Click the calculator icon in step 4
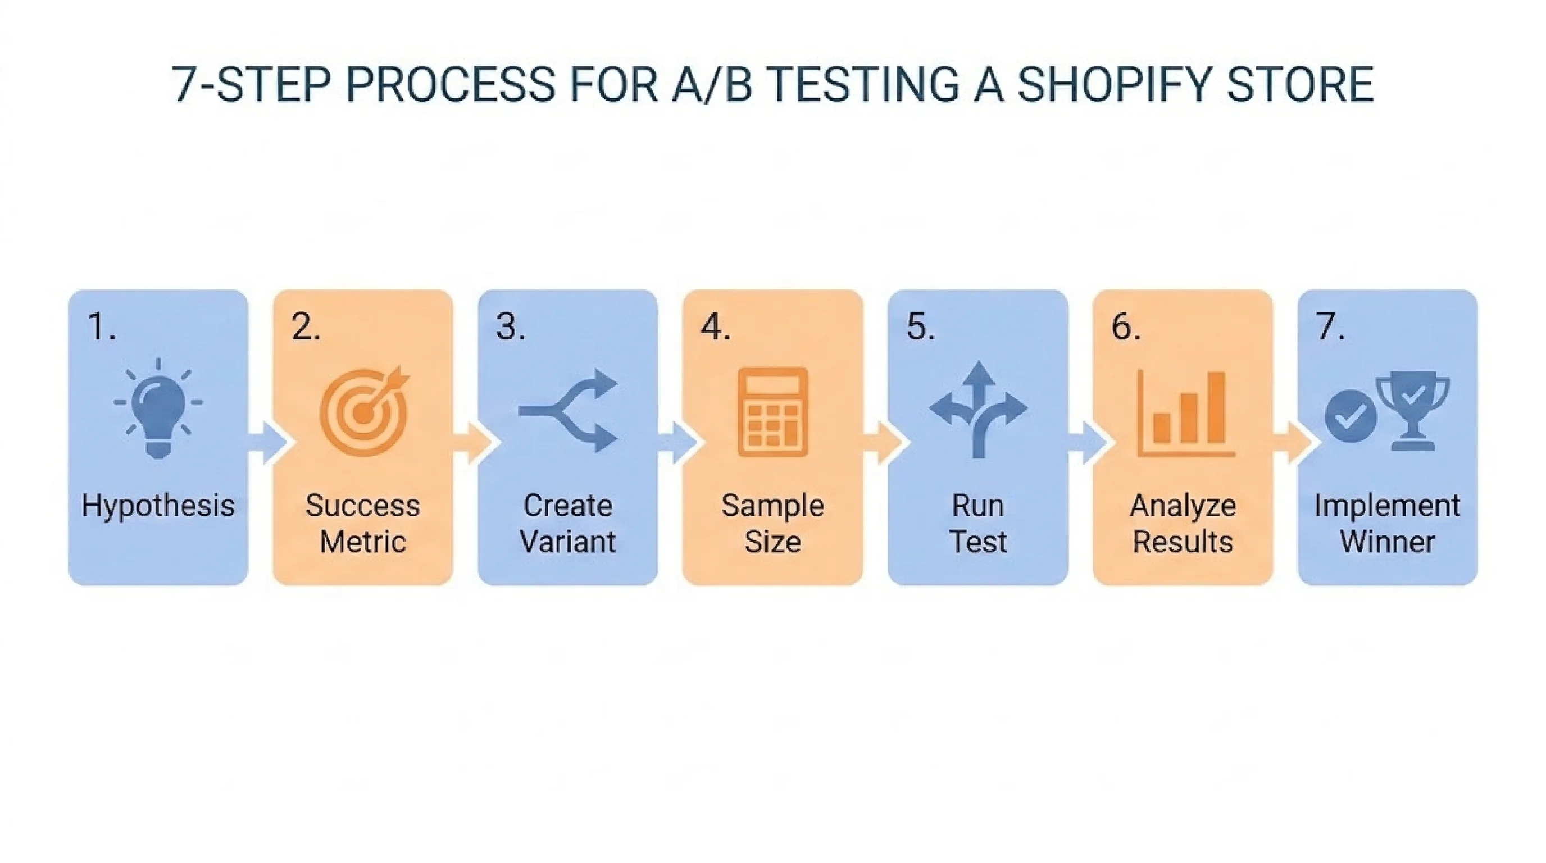[772, 412]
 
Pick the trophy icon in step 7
[1412, 412]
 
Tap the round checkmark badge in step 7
[1351, 416]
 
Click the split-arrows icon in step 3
[568, 411]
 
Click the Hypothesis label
[158, 506]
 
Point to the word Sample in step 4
[772, 506]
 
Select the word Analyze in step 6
[1183, 506]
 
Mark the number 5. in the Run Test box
[921, 328]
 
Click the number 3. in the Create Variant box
[511, 328]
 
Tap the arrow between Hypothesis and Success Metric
[267, 442]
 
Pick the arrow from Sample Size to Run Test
[883, 442]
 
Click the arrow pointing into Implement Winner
[1293, 442]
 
